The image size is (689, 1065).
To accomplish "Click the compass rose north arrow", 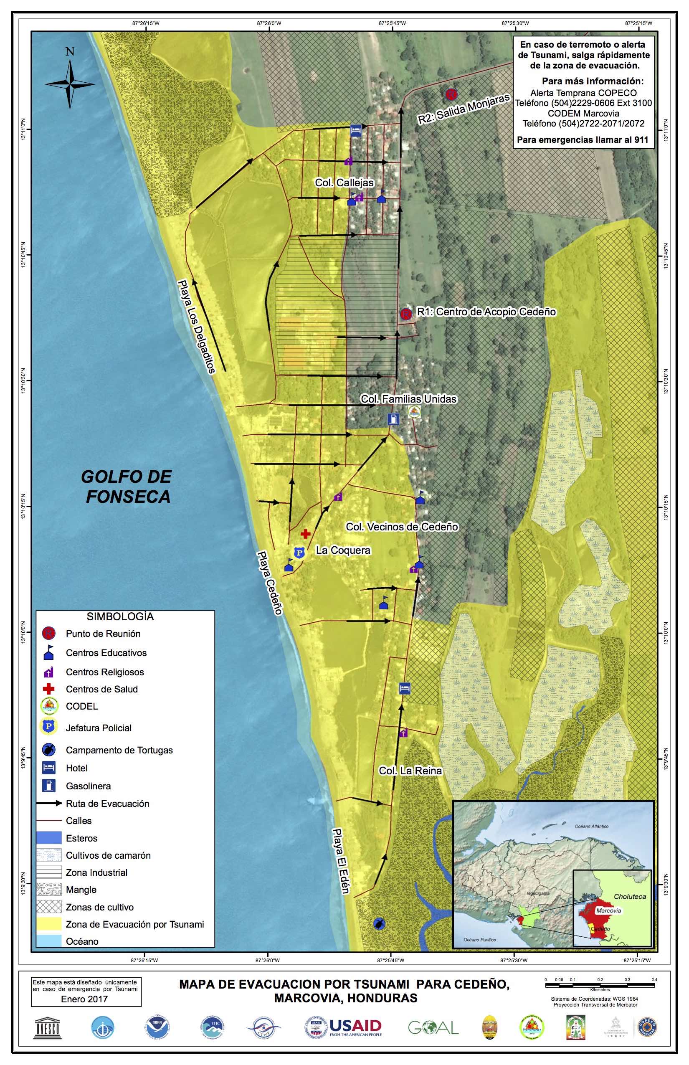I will [x=70, y=83].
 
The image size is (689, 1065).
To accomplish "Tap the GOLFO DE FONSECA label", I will [x=127, y=487].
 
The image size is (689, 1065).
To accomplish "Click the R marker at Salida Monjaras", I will [x=451, y=94].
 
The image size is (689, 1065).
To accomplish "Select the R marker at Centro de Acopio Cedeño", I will [x=406, y=314].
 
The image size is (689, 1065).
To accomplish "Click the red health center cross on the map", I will [x=306, y=534].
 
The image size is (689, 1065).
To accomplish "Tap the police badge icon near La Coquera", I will [x=299, y=553].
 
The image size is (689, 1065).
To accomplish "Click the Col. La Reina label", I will [x=410, y=771].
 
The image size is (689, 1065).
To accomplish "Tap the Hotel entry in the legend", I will [x=76, y=768].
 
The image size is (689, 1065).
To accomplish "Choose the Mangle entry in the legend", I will [x=81, y=890].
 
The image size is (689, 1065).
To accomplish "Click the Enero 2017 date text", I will [x=84, y=999].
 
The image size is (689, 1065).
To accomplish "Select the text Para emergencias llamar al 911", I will [x=583, y=139].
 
